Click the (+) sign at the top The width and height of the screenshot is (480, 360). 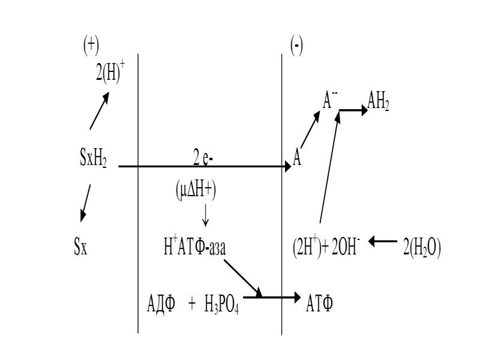click(91, 46)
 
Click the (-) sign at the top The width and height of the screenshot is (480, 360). click(296, 46)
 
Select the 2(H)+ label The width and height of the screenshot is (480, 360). click(110, 76)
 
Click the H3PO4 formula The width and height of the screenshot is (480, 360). click(221, 304)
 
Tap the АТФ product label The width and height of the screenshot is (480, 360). click(320, 303)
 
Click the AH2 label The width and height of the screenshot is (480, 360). click(378, 104)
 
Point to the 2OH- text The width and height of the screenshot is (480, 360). click(342, 247)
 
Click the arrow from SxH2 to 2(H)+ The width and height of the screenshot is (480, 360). click(99, 112)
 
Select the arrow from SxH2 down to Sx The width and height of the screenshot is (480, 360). click(86, 203)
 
